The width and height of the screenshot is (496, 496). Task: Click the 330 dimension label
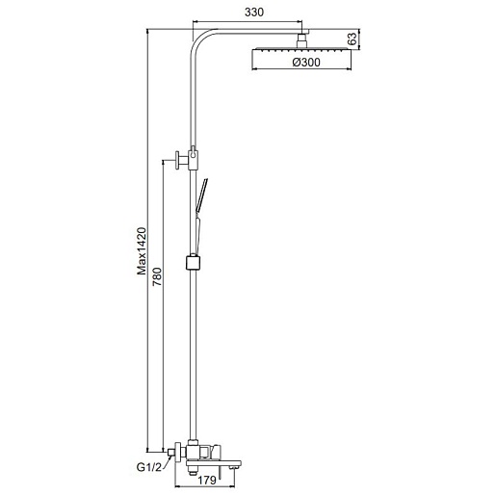point(254,13)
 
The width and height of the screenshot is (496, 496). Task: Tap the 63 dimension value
point(352,39)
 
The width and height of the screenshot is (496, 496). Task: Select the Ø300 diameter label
point(306,62)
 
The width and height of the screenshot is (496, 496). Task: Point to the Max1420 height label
point(142,251)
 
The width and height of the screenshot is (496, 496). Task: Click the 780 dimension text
point(157,276)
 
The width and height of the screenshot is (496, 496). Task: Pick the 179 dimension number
point(206,481)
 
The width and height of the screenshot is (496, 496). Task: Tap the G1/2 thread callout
point(149,467)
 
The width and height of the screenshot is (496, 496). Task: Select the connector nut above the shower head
point(301,41)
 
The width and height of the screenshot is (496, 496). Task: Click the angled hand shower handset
point(201,196)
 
